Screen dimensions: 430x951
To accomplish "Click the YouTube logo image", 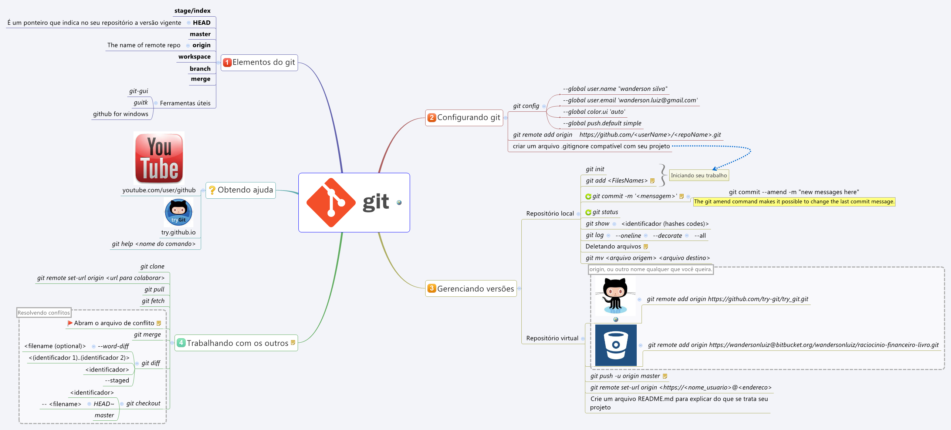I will click(159, 158).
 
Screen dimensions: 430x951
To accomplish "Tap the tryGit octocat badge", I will click(178, 212).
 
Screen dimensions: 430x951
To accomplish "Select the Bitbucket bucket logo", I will click(616, 345).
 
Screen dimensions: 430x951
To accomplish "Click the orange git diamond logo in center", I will click(331, 202).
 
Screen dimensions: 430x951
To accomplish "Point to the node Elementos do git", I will click(263, 63).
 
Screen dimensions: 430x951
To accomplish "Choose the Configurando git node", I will click(468, 118).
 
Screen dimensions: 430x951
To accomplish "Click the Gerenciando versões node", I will click(475, 289).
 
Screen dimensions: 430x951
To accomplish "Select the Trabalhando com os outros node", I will click(237, 343).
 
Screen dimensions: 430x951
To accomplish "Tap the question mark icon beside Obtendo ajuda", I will click(212, 190).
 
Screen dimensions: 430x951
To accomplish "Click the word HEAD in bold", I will click(202, 23).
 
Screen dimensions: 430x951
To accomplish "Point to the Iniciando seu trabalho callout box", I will click(699, 175).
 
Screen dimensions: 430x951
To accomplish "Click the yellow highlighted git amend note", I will click(794, 202).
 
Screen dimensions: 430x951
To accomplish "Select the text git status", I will click(605, 212).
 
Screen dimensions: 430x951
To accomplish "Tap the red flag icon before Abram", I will click(70, 323).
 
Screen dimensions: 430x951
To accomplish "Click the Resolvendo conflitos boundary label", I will click(44, 313).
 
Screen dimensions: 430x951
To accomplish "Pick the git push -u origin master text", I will click(625, 376).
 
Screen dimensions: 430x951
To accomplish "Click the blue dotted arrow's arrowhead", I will click(714, 169).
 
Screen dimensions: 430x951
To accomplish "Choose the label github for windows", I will click(121, 114).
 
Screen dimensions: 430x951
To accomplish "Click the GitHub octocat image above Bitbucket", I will click(615, 296).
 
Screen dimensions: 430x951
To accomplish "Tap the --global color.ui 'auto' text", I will click(594, 112).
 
